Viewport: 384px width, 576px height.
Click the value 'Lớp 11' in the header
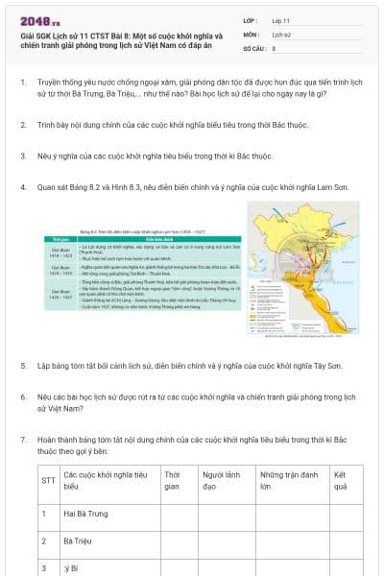tap(280, 19)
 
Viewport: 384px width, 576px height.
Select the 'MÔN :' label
tap(251, 33)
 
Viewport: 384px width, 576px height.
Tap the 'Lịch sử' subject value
tap(281, 33)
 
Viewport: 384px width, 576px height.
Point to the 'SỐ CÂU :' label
tap(253, 46)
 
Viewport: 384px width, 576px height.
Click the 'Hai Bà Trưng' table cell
tap(86, 514)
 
